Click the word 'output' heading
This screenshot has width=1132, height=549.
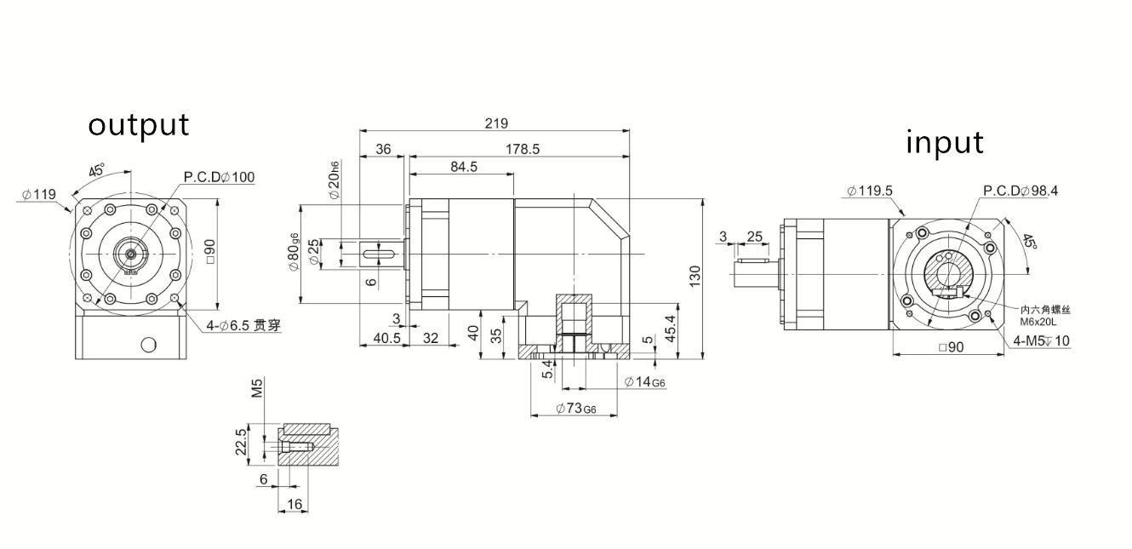point(139,125)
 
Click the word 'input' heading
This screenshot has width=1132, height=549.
point(944,142)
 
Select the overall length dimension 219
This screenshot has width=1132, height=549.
point(496,123)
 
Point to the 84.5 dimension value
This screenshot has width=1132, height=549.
point(463,167)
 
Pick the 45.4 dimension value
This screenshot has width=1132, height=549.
point(670,329)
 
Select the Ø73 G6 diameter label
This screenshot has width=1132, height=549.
point(577,408)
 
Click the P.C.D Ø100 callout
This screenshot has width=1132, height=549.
point(219,177)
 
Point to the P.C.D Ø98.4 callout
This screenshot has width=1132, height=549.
point(1021,191)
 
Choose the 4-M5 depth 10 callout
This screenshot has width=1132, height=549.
point(1042,341)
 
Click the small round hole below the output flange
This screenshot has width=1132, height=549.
point(149,344)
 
